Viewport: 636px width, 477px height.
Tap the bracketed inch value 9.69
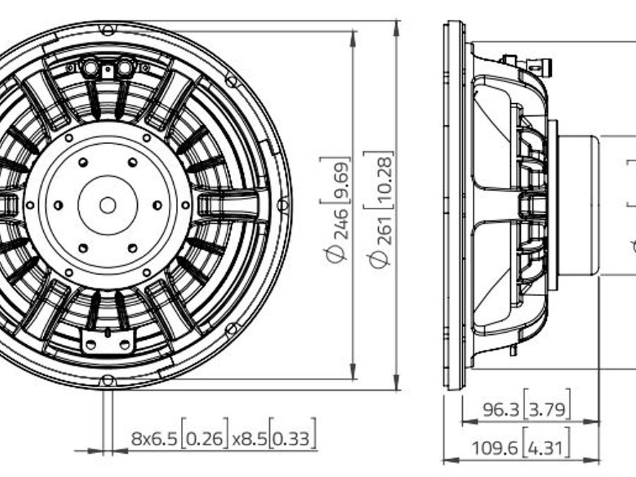click(x=341, y=179)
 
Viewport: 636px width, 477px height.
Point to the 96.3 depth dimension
click(x=501, y=409)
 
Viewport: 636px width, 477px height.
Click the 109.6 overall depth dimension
click(x=495, y=448)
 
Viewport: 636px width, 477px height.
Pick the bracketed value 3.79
click(x=547, y=409)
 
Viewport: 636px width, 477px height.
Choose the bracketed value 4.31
click(x=546, y=448)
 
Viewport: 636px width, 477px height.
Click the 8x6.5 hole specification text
click(x=154, y=438)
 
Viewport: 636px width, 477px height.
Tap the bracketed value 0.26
click(x=205, y=438)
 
